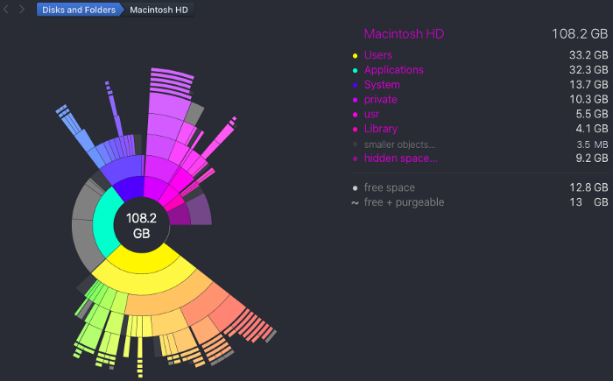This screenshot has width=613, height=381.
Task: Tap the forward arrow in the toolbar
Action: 22,11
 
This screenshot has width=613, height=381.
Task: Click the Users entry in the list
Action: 378,55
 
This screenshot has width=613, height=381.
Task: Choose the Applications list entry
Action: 393,70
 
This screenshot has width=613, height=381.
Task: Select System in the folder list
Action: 382,85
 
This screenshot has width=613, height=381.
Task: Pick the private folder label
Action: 380,100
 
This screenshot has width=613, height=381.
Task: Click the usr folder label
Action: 372,115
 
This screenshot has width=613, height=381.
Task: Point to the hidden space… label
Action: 400,159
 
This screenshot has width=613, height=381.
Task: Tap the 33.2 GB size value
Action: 588,55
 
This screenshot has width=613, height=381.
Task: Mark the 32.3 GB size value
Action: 588,70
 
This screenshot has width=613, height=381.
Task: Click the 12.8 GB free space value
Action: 588,187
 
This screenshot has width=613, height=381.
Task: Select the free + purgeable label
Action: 404,202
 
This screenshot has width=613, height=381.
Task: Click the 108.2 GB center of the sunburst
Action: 140,226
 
